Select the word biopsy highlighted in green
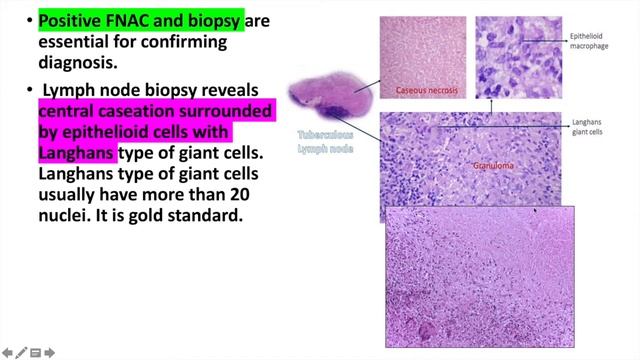(207, 19)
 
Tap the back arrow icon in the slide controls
(7, 352)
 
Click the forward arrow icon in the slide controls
(50, 352)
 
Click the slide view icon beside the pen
(35, 352)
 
